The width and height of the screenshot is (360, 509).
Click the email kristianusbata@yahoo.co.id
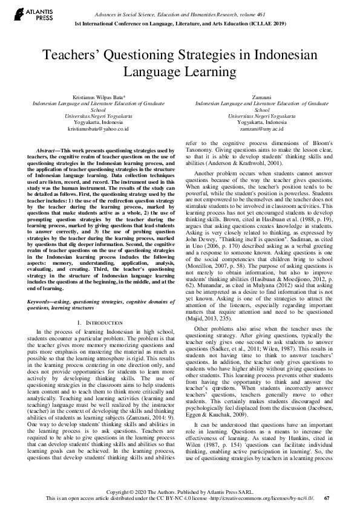pyautogui.click(x=98, y=129)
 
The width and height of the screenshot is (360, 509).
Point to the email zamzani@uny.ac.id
pyautogui.click(x=262, y=129)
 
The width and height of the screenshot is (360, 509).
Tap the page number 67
pyautogui.click(x=327, y=498)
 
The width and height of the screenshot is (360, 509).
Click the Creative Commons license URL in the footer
pyautogui.click(x=260, y=498)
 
